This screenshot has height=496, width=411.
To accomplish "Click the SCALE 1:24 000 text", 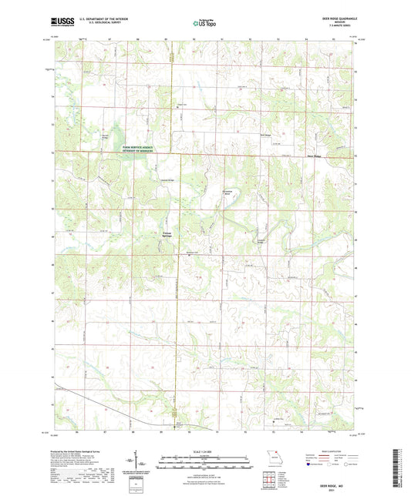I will point(204,451).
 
